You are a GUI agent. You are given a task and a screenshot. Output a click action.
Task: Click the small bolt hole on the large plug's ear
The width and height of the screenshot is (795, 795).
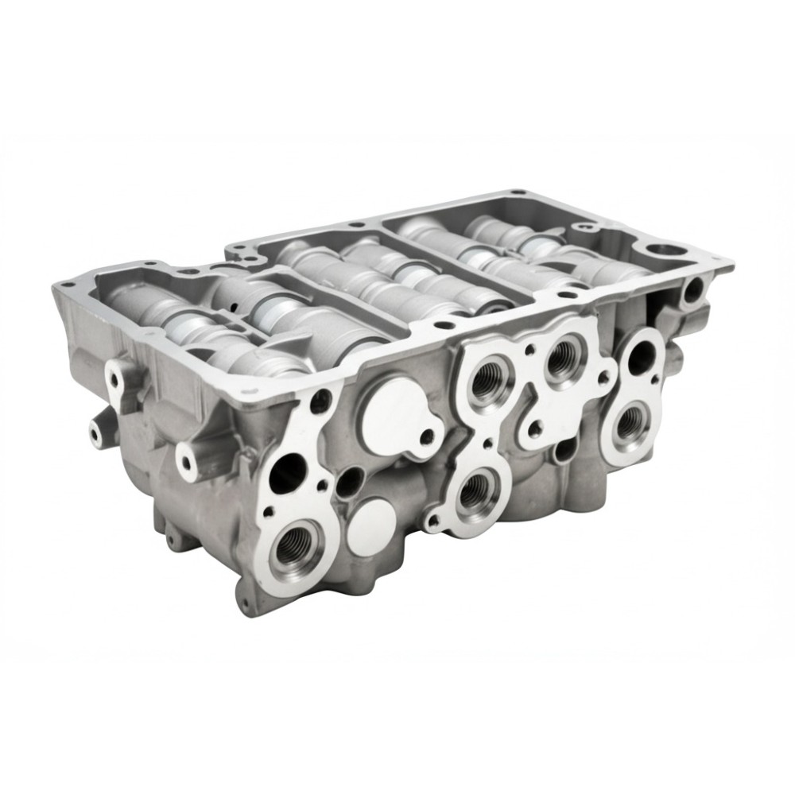click(429, 436)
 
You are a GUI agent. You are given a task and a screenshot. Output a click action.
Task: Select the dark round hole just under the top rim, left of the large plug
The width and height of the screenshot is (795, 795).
click(320, 401)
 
